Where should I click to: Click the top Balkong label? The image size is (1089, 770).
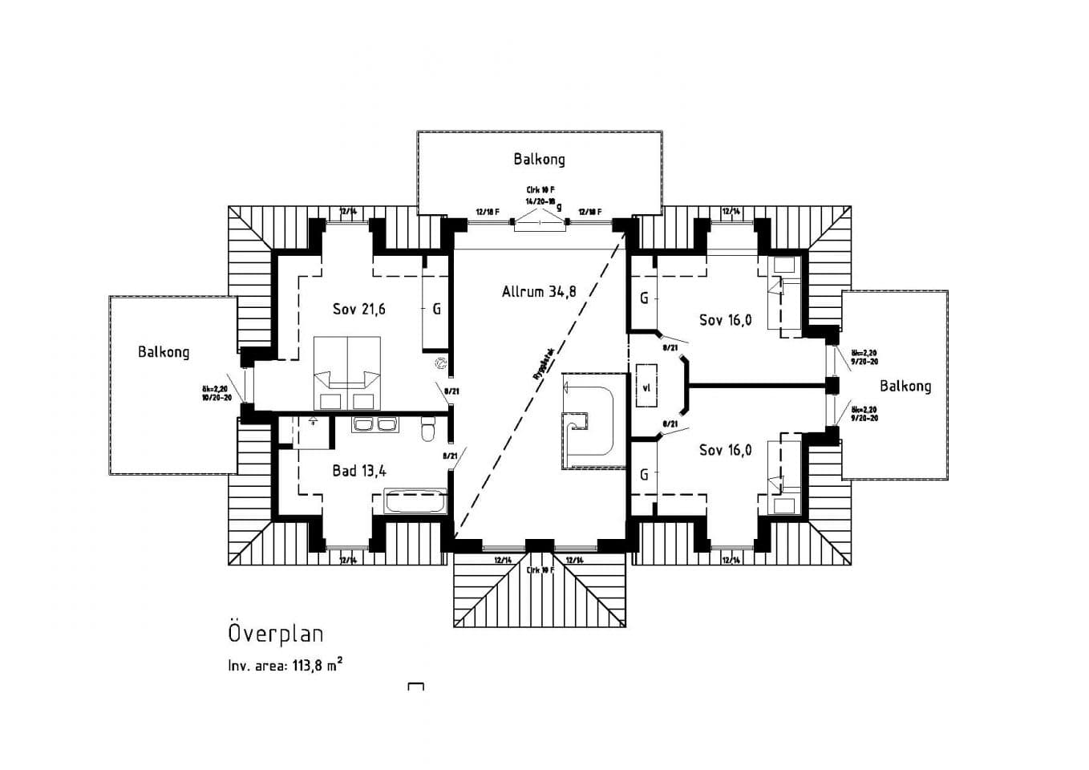(539, 159)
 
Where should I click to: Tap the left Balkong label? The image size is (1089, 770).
(164, 351)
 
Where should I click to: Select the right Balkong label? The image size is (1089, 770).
(905, 386)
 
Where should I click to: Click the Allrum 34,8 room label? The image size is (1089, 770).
(539, 292)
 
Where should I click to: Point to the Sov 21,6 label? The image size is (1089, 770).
(358, 309)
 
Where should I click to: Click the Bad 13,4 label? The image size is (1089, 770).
(359, 471)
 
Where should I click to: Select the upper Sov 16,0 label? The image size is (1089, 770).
(725, 320)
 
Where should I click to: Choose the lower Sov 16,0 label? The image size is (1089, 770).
(725, 450)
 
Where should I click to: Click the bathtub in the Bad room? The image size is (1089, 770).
(415, 501)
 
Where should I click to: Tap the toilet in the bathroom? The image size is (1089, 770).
(428, 431)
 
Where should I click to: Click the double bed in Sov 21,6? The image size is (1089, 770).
(346, 373)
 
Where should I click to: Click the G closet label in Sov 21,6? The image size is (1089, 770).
(436, 309)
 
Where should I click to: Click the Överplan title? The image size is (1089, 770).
(276, 633)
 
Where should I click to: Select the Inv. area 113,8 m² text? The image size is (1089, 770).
(285, 665)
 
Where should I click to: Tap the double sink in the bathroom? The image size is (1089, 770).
(374, 425)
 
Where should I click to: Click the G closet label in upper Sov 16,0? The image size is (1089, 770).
(644, 298)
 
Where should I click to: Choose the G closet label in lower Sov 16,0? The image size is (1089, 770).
(644, 475)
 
